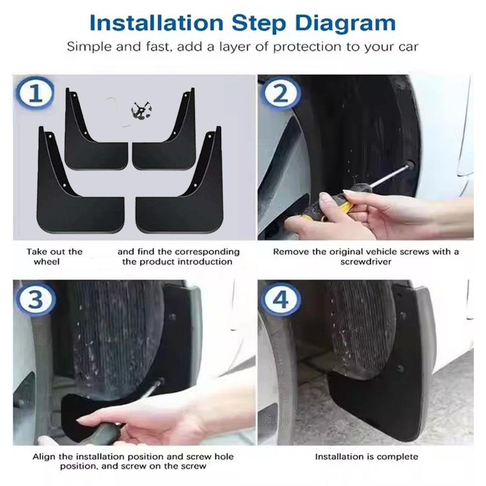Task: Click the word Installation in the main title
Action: coord(156,23)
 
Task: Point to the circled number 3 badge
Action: coord(35,300)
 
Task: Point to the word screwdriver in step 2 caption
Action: coord(366,262)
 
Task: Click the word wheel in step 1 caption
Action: coord(47,262)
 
